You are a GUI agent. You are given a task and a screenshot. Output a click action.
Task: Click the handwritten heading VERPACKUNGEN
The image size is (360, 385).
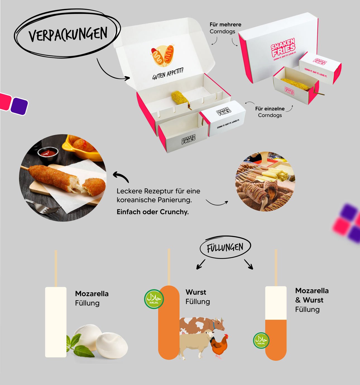tap(68, 35)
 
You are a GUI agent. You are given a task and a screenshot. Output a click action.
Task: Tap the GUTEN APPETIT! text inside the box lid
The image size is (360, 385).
tap(168, 74)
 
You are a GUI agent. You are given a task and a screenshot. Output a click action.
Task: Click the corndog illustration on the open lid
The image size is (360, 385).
tap(163, 55)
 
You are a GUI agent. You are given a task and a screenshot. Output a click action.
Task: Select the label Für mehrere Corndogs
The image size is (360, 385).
tap(225, 28)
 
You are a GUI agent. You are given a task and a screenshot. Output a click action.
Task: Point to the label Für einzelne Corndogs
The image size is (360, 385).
tap(270, 112)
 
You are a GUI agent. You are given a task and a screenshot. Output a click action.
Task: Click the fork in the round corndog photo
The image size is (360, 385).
tap(43, 207)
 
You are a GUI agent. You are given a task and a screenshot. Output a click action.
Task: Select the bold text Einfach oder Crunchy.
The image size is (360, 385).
tap(153, 212)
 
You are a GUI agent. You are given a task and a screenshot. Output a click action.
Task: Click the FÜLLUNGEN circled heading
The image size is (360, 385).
tap(225, 247)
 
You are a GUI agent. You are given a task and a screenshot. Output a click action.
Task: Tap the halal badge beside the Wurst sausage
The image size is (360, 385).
tap(154, 299)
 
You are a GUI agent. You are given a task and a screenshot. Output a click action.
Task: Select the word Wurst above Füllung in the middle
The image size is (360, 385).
tap(196, 292)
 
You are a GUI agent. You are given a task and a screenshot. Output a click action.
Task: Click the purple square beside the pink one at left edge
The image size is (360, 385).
tap(20, 106)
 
